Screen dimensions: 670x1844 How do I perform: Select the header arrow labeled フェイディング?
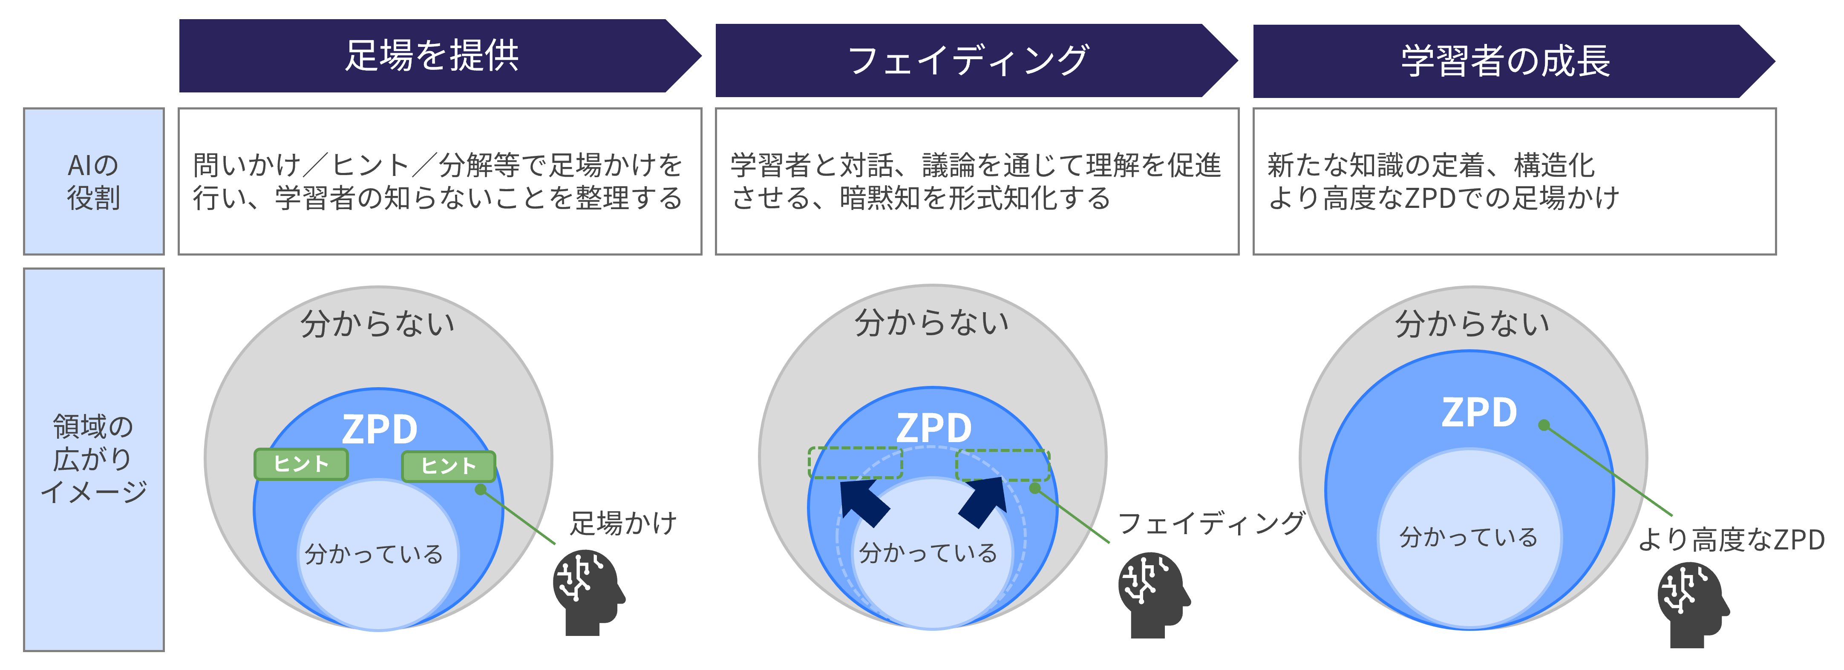click(968, 60)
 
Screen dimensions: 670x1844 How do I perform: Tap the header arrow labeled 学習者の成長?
click(1505, 61)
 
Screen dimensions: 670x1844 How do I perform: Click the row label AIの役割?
click(94, 181)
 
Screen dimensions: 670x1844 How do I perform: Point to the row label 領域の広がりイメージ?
click(94, 459)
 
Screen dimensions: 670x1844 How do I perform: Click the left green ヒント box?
click(301, 464)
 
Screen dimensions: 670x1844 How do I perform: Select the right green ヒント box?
click(448, 466)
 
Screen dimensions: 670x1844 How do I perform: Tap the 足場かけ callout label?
click(623, 523)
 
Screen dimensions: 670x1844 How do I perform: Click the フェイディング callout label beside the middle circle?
click(1211, 523)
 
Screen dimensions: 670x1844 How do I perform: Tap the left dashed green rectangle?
click(856, 463)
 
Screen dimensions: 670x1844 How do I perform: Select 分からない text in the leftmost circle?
click(377, 324)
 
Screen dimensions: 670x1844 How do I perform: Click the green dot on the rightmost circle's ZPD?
click(1544, 425)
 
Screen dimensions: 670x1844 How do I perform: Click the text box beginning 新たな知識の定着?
click(1514, 181)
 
